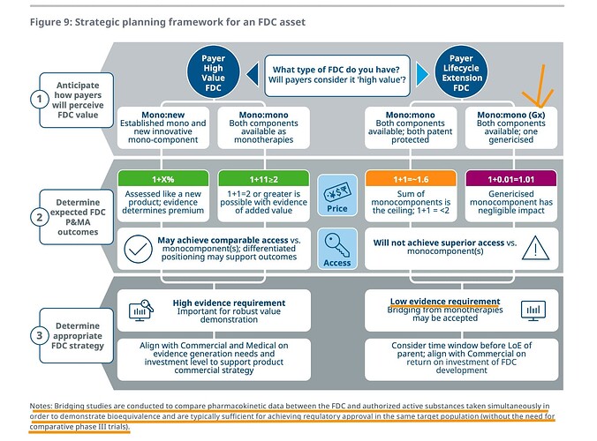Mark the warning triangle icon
click(535, 249)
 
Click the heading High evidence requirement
click(228, 303)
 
